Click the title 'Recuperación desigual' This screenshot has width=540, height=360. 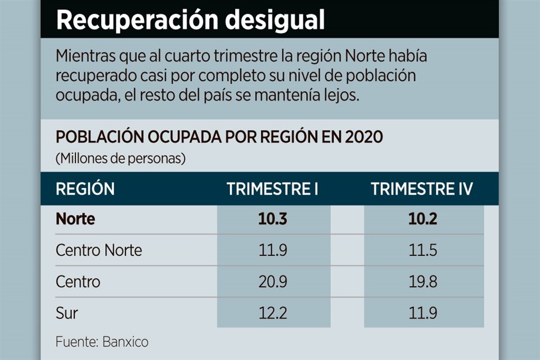191,21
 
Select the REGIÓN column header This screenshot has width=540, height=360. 85,189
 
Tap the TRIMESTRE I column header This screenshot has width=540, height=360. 273,189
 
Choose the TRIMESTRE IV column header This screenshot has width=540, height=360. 422,189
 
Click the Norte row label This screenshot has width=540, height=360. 75,219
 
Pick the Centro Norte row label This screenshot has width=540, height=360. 99,250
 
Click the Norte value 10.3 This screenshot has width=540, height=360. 273,219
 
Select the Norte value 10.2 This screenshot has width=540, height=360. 422,219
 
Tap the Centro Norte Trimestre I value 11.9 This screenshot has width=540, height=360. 273,250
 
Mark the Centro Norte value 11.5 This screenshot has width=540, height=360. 422,250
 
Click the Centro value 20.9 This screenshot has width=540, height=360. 273,281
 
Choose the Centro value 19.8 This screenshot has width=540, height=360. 422,281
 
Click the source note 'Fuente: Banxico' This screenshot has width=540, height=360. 102,341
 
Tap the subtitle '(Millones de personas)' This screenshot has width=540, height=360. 120,159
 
